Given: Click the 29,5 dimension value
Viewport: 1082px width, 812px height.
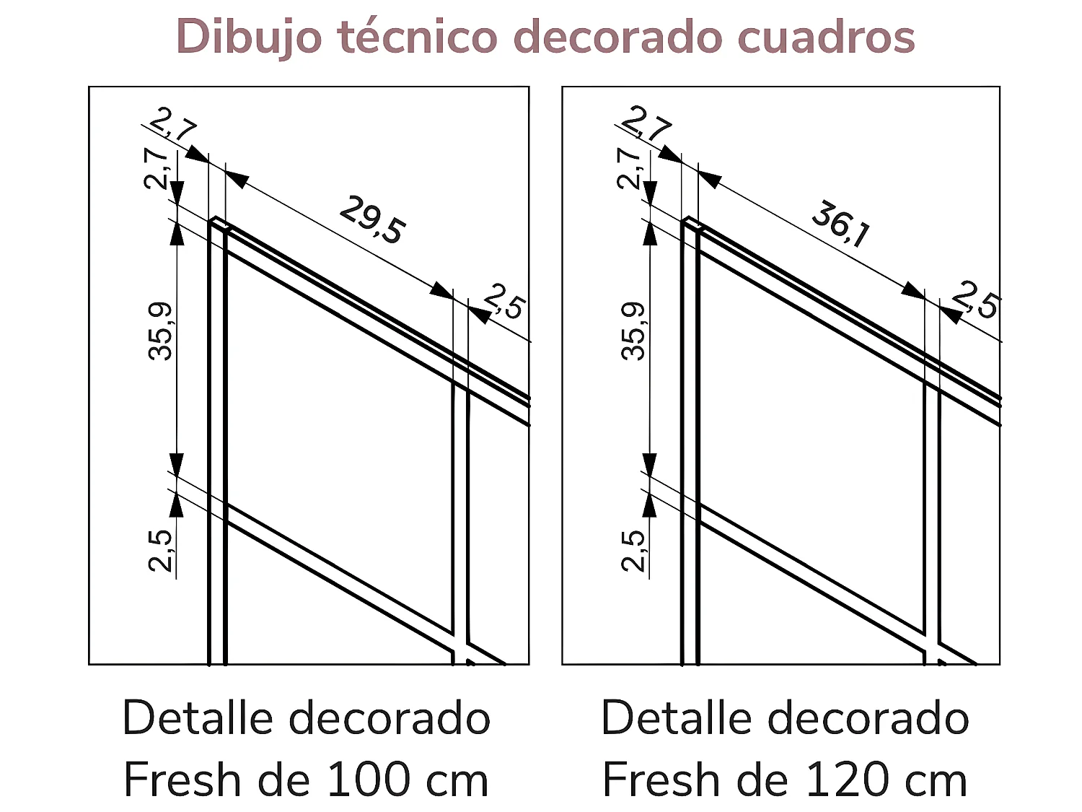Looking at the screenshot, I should (372, 219).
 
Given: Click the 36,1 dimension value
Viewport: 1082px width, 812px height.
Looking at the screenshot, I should (841, 224).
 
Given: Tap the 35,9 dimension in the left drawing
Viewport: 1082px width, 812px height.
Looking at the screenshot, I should (161, 331).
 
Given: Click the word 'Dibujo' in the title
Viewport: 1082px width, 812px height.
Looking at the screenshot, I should (248, 38).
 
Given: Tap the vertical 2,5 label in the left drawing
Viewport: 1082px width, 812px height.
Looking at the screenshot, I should (161, 550).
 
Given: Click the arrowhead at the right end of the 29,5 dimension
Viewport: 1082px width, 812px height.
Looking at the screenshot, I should (441, 290).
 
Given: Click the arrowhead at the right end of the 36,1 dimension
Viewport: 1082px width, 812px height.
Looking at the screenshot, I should (914, 290).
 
